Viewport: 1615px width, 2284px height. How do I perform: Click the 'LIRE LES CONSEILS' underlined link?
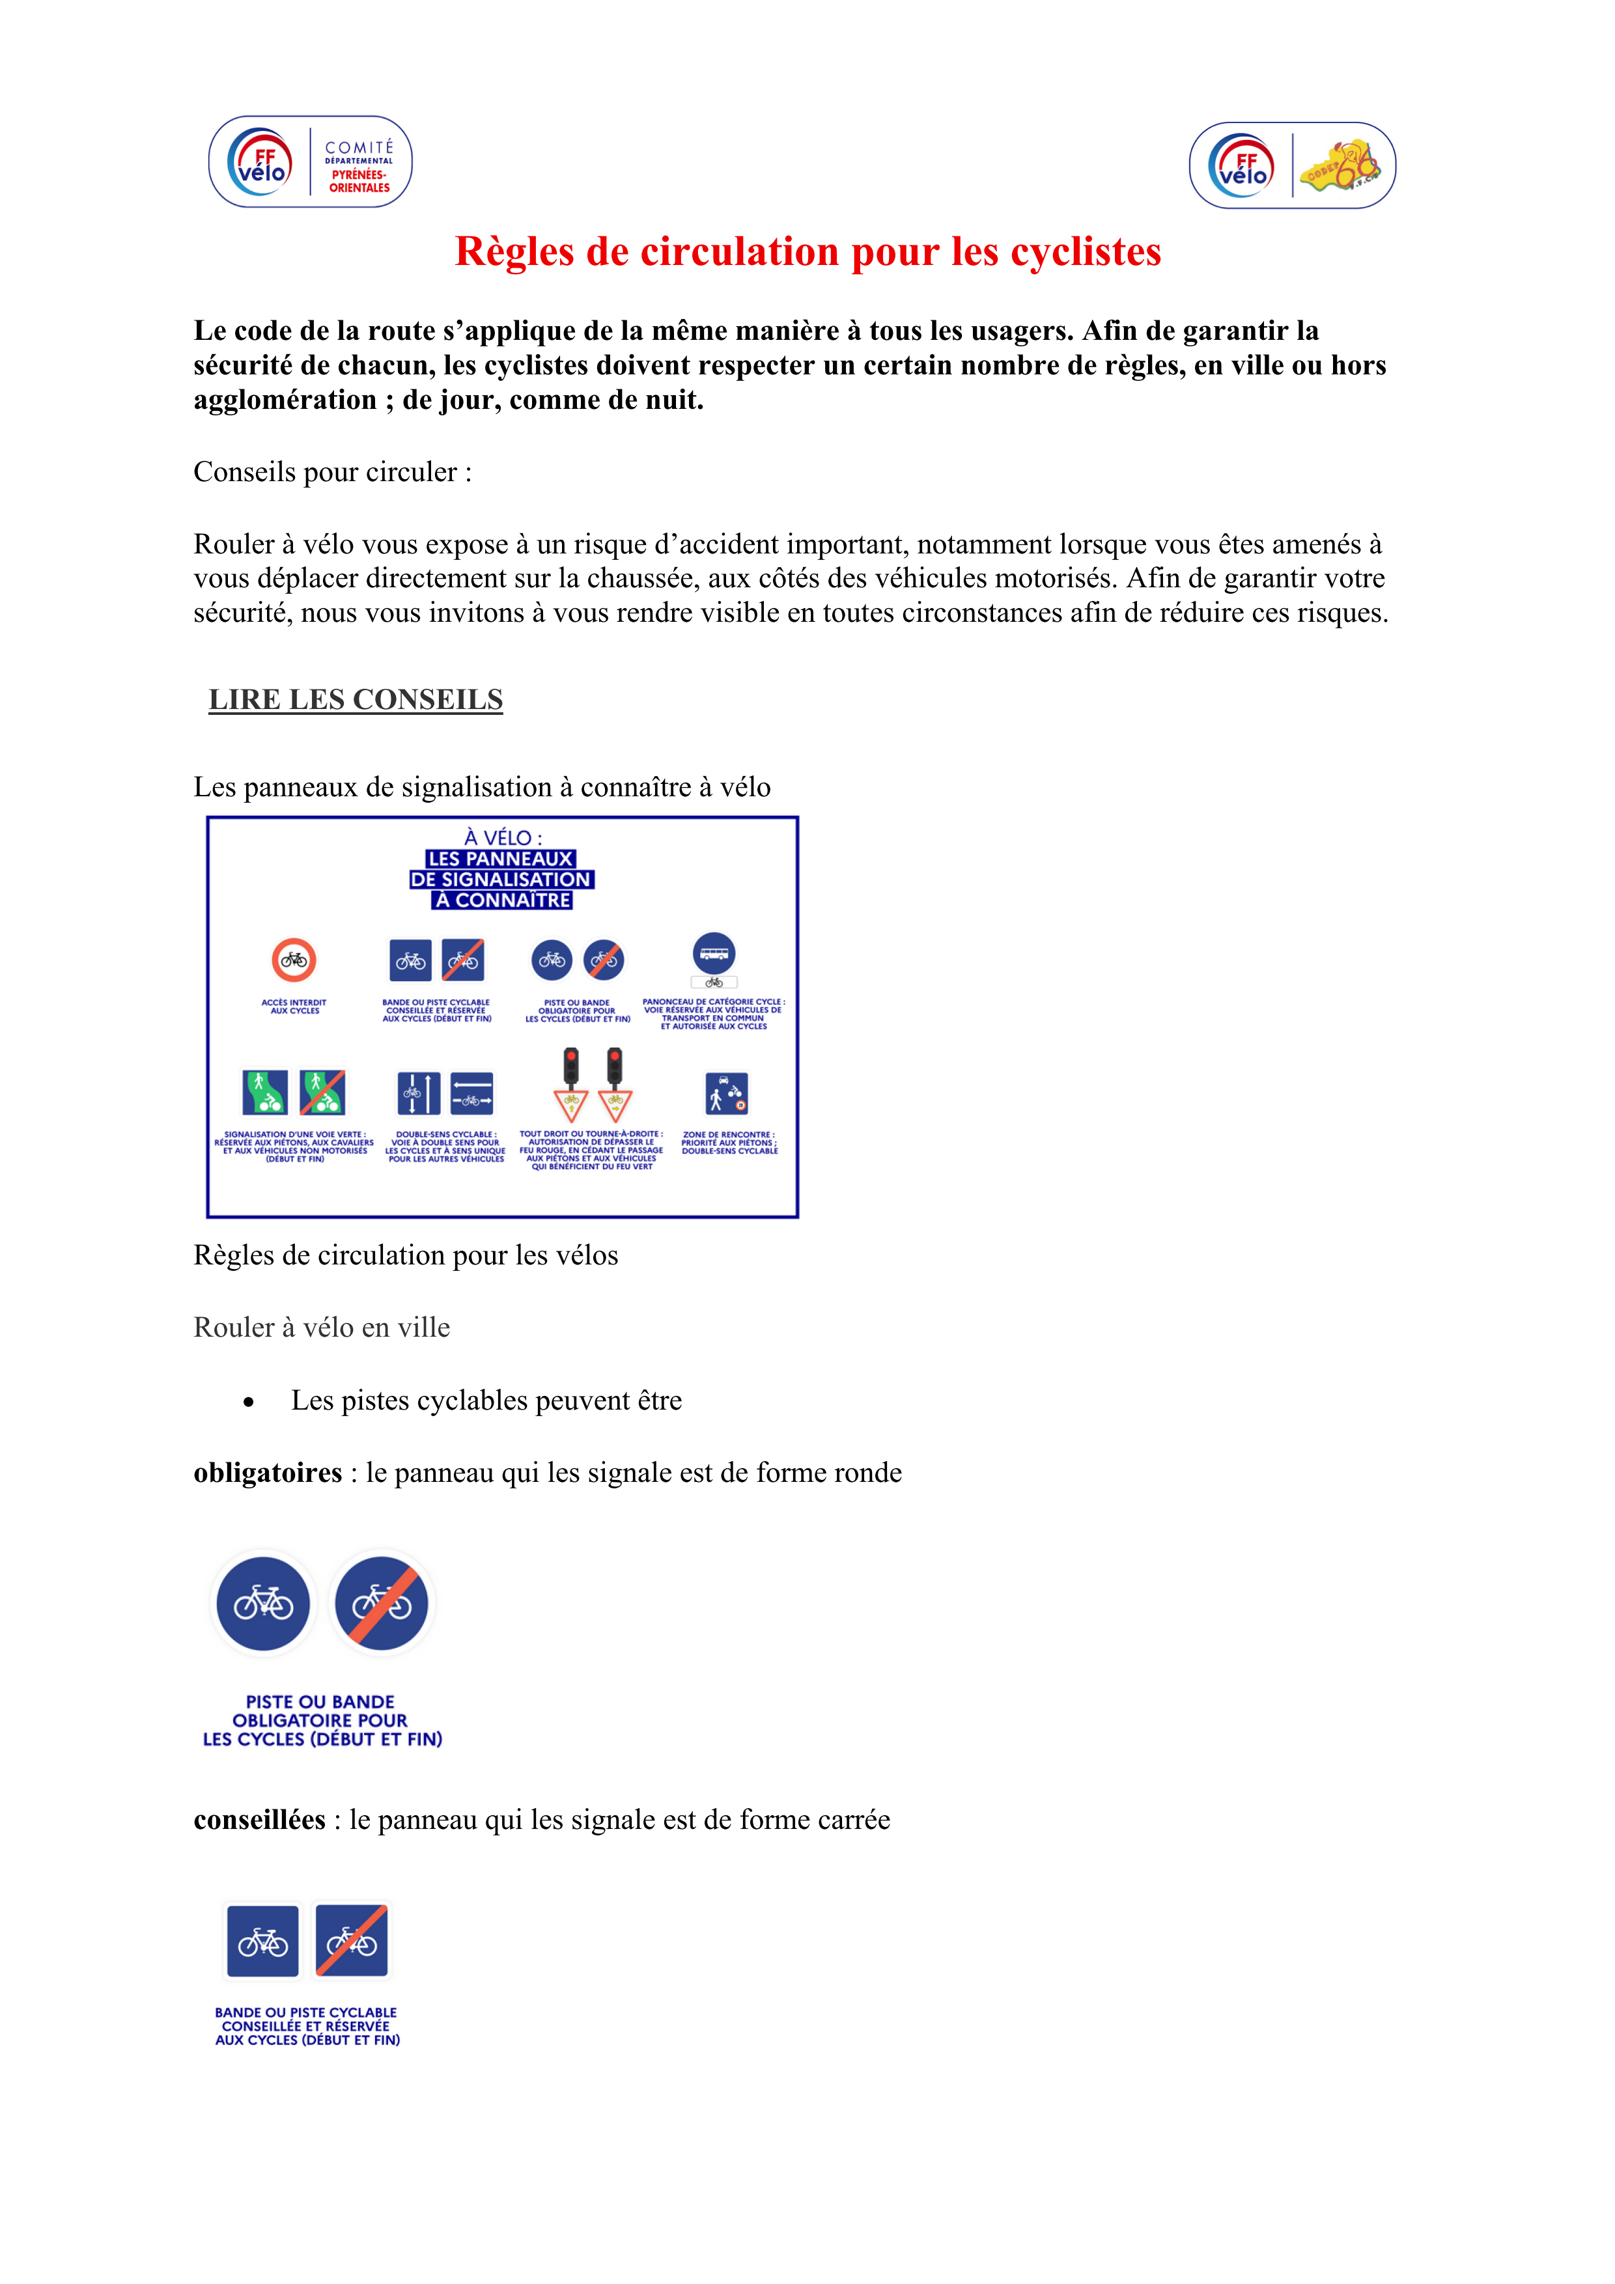(356, 701)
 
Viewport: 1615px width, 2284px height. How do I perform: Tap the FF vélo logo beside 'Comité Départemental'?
(260, 162)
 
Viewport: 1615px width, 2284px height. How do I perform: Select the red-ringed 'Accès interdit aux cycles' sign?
(294, 960)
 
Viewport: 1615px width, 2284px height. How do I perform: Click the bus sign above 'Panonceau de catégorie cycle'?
(714, 953)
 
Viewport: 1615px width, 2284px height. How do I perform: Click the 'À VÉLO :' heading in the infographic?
(503, 837)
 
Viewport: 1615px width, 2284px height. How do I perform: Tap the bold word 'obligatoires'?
(268, 1473)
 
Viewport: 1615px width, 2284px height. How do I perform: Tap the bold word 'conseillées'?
(260, 1820)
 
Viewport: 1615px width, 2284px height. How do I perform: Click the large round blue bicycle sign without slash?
(264, 1604)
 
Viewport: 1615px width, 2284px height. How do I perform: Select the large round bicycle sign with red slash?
(381, 1604)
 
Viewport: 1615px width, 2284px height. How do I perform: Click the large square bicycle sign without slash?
(262, 1941)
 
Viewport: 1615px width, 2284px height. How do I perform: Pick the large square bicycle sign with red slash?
(351, 1941)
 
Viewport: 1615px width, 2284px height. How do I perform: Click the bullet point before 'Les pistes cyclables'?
(249, 1402)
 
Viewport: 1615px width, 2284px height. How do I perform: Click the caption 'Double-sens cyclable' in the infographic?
(445, 1135)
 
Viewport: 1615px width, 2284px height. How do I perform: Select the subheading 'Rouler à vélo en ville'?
(322, 1328)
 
